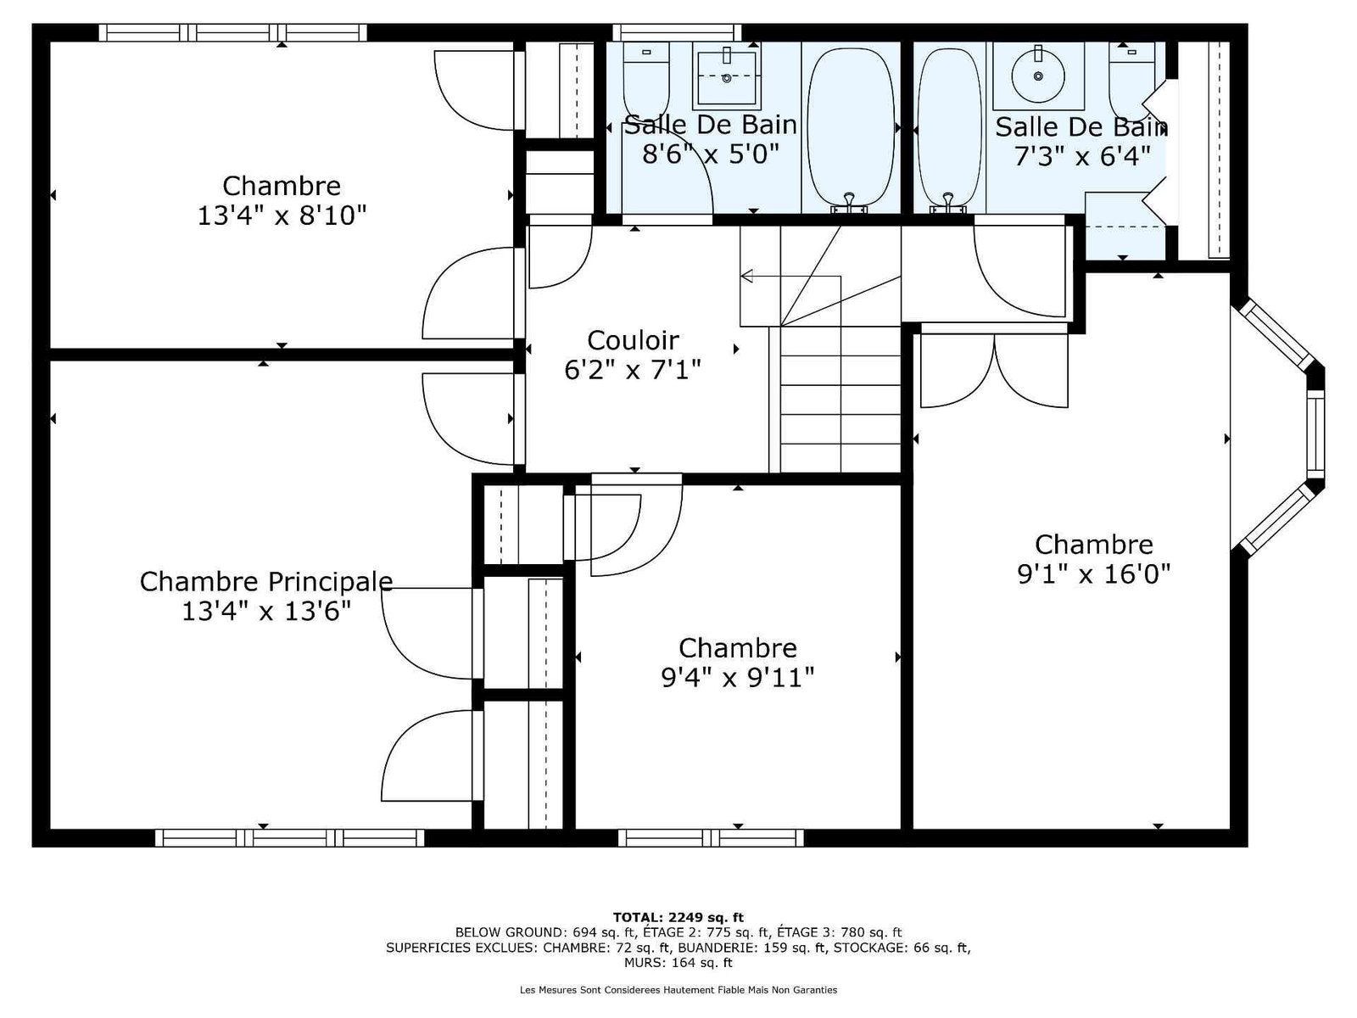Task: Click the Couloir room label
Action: pyautogui.click(x=633, y=340)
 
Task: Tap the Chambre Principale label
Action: pyautogui.click(x=265, y=582)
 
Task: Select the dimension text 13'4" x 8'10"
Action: pyautogui.click(x=282, y=215)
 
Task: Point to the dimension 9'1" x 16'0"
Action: pyautogui.click(x=1093, y=574)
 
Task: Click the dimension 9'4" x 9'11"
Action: pyautogui.click(x=738, y=678)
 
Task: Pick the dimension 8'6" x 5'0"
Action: pyautogui.click(x=711, y=154)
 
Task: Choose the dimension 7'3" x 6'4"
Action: pyautogui.click(x=1082, y=156)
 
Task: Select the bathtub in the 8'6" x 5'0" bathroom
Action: pyautogui.click(x=851, y=128)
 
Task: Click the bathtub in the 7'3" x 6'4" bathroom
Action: pyautogui.click(x=950, y=128)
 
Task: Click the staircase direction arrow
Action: pyautogui.click(x=790, y=277)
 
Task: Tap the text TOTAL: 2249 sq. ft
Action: pyautogui.click(x=678, y=917)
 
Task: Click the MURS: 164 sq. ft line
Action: pyautogui.click(x=678, y=962)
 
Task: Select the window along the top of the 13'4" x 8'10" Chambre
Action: pyautogui.click(x=233, y=33)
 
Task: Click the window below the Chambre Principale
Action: pyautogui.click(x=289, y=837)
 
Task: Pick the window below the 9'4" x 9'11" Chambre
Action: pyautogui.click(x=711, y=837)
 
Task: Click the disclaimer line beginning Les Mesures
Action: pyautogui.click(x=678, y=989)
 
